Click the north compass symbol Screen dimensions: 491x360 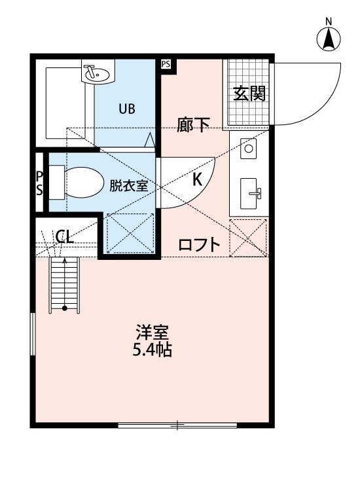click(x=329, y=41)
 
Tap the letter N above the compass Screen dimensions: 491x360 click(x=329, y=22)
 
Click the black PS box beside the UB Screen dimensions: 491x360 click(x=166, y=64)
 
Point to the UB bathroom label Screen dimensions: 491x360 click(x=126, y=109)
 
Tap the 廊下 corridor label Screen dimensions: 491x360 click(x=193, y=125)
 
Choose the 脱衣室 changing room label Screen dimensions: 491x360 click(x=128, y=185)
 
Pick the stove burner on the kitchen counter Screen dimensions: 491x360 click(x=249, y=149)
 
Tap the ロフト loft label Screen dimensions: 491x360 click(x=199, y=245)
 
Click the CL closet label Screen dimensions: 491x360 click(x=64, y=236)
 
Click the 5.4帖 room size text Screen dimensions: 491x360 click(x=152, y=350)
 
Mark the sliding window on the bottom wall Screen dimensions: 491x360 click(x=177, y=426)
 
